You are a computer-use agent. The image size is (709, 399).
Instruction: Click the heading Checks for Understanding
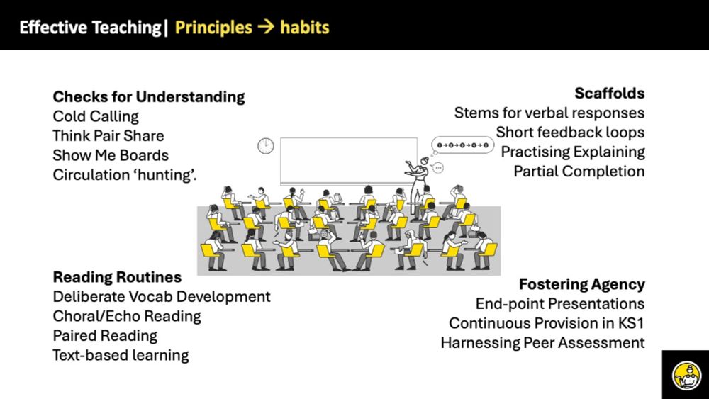[149, 96]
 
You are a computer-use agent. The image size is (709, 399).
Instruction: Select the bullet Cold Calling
[96, 117]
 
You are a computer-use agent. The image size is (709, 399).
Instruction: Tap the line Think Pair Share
[108, 136]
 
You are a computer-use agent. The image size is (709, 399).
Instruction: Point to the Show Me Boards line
[111, 155]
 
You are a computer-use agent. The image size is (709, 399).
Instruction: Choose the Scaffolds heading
[610, 93]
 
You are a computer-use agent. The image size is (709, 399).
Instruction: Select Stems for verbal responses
[549, 113]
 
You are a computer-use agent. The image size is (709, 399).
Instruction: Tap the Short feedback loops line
[570, 133]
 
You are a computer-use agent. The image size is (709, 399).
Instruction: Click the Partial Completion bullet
[579, 172]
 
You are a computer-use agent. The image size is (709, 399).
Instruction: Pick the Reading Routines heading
[117, 277]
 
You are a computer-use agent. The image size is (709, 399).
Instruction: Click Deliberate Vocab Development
[162, 297]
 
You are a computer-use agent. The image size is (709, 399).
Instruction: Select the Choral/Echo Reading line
[127, 316]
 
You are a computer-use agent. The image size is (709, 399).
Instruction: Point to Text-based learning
[121, 355]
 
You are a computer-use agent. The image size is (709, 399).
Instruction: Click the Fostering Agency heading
[582, 285]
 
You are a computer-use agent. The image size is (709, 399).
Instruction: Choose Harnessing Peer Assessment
[542, 343]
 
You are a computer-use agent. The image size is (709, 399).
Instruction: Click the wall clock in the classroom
[266, 146]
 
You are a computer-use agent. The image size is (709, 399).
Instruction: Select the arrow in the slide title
[266, 28]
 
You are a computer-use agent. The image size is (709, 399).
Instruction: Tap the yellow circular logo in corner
[686, 375]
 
